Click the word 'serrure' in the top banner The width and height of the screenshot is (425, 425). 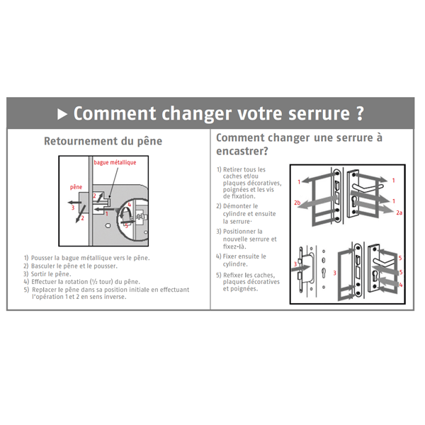(x=312, y=113)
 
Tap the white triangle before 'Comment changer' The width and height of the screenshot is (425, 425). (x=62, y=113)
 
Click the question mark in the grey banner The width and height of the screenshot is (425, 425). (x=361, y=113)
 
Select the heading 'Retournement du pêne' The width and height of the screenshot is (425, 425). (x=103, y=141)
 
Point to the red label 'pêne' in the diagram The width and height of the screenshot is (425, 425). (x=76, y=187)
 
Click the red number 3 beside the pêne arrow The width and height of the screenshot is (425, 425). (x=73, y=208)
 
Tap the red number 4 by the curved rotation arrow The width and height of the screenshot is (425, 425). (x=129, y=205)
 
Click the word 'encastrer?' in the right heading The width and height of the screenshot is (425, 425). (x=242, y=152)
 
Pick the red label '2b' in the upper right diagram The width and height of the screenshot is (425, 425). (x=297, y=203)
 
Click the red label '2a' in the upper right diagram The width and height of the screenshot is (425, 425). (x=399, y=212)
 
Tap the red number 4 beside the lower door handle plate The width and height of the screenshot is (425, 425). (x=400, y=284)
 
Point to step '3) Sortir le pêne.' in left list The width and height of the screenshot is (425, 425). (x=47, y=273)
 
